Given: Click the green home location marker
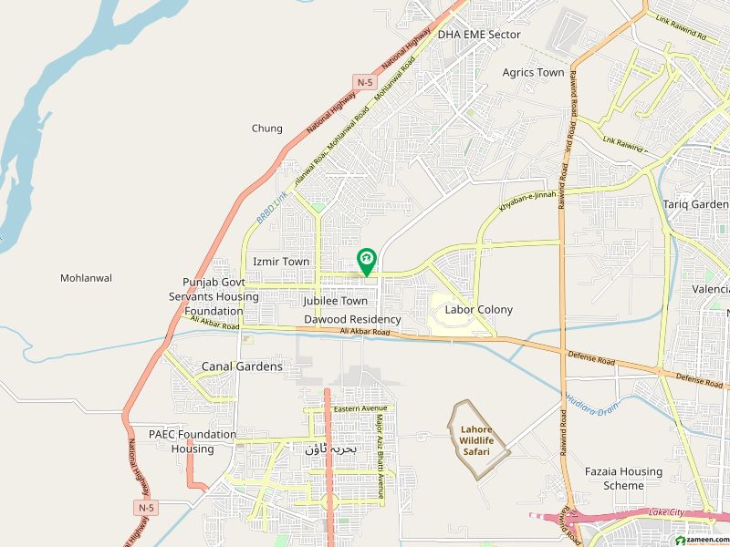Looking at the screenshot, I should [366, 261].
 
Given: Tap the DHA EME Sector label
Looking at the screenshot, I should [479, 35].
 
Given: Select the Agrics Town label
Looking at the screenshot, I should [533, 72].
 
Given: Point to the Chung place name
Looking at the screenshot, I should [267, 129].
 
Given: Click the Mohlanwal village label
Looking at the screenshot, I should [86, 278].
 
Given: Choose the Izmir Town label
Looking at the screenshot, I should [281, 262].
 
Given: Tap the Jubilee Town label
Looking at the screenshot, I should [336, 301].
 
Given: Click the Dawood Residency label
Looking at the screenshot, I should [352, 320].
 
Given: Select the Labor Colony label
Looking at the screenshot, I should [479, 310].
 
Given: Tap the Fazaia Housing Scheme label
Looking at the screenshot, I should [624, 479].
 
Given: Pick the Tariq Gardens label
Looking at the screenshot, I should [695, 204].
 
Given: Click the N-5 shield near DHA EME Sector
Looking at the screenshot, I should [366, 82].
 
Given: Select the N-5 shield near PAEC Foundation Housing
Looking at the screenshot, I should [146, 507].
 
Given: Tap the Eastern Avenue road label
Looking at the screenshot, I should [360, 408].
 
